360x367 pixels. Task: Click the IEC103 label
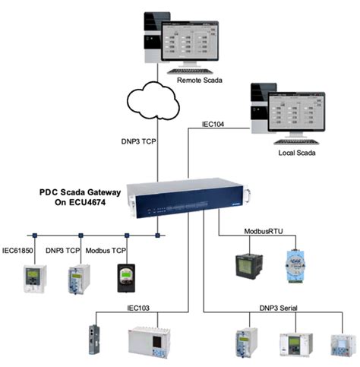pos(141,308)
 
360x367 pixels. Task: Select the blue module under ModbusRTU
pos(297,263)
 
